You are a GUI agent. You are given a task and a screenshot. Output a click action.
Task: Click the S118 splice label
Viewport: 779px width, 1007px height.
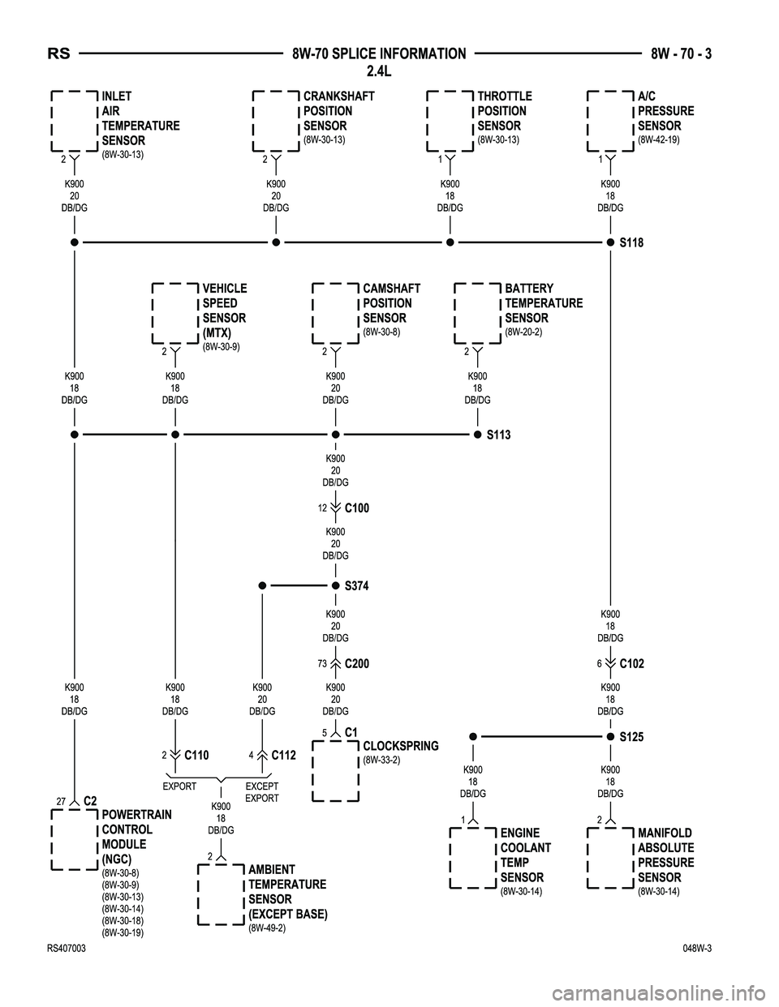631,242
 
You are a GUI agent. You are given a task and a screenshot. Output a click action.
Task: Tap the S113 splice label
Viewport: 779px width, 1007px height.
498,435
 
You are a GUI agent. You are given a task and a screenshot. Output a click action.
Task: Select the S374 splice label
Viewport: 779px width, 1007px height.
356,585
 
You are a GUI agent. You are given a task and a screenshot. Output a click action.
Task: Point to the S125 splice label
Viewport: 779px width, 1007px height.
631,737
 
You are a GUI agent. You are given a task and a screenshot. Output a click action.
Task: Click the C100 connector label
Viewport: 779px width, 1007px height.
356,508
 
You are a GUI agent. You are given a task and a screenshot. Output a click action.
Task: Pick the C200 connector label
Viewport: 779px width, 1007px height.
356,663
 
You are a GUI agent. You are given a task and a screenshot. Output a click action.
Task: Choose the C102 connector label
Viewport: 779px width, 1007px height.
631,663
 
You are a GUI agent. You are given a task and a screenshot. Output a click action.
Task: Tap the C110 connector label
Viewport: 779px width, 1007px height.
196,755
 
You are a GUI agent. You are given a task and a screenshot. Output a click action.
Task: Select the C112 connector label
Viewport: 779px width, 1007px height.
283,755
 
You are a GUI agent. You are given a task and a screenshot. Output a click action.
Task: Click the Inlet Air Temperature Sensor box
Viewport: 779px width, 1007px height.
75,122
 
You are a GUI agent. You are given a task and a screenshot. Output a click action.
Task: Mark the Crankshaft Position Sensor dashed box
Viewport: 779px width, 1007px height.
277,122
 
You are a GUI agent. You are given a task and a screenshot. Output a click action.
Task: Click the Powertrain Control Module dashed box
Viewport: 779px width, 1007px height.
75,839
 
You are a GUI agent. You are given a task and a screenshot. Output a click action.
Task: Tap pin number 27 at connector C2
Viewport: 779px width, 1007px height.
61,800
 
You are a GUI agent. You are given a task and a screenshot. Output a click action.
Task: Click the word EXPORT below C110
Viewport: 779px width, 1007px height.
179,786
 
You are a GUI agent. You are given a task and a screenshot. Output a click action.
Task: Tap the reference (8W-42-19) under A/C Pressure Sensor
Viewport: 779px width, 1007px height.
658,139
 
